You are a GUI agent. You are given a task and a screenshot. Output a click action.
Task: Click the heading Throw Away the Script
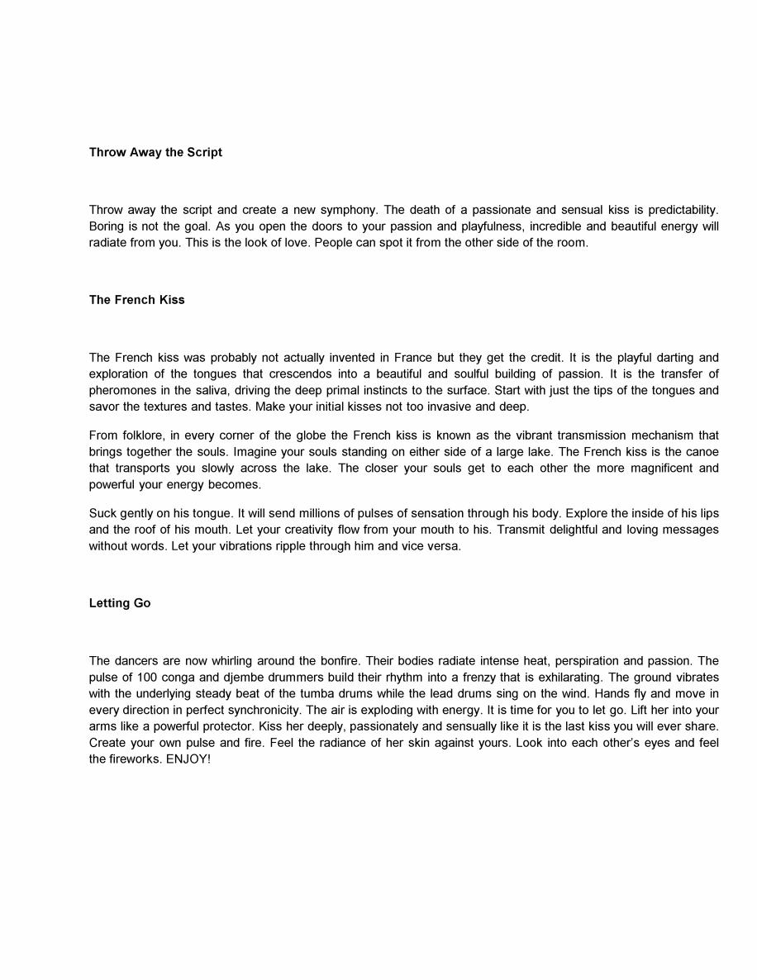click(x=155, y=152)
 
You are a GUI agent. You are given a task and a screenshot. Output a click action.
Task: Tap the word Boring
click(x=106, y=226)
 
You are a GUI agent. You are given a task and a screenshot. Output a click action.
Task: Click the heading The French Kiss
click(x=137, y=300)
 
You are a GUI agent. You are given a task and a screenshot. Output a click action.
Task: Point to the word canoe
click(x=702, y=452)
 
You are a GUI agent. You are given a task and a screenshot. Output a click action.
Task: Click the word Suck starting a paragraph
click(x=102, y=513)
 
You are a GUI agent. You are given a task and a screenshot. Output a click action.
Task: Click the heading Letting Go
click(x=120, y=603)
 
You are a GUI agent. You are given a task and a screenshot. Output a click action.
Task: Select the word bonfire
click(x=336, y=661)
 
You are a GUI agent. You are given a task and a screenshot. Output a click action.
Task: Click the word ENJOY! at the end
click(x=188, y=759)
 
